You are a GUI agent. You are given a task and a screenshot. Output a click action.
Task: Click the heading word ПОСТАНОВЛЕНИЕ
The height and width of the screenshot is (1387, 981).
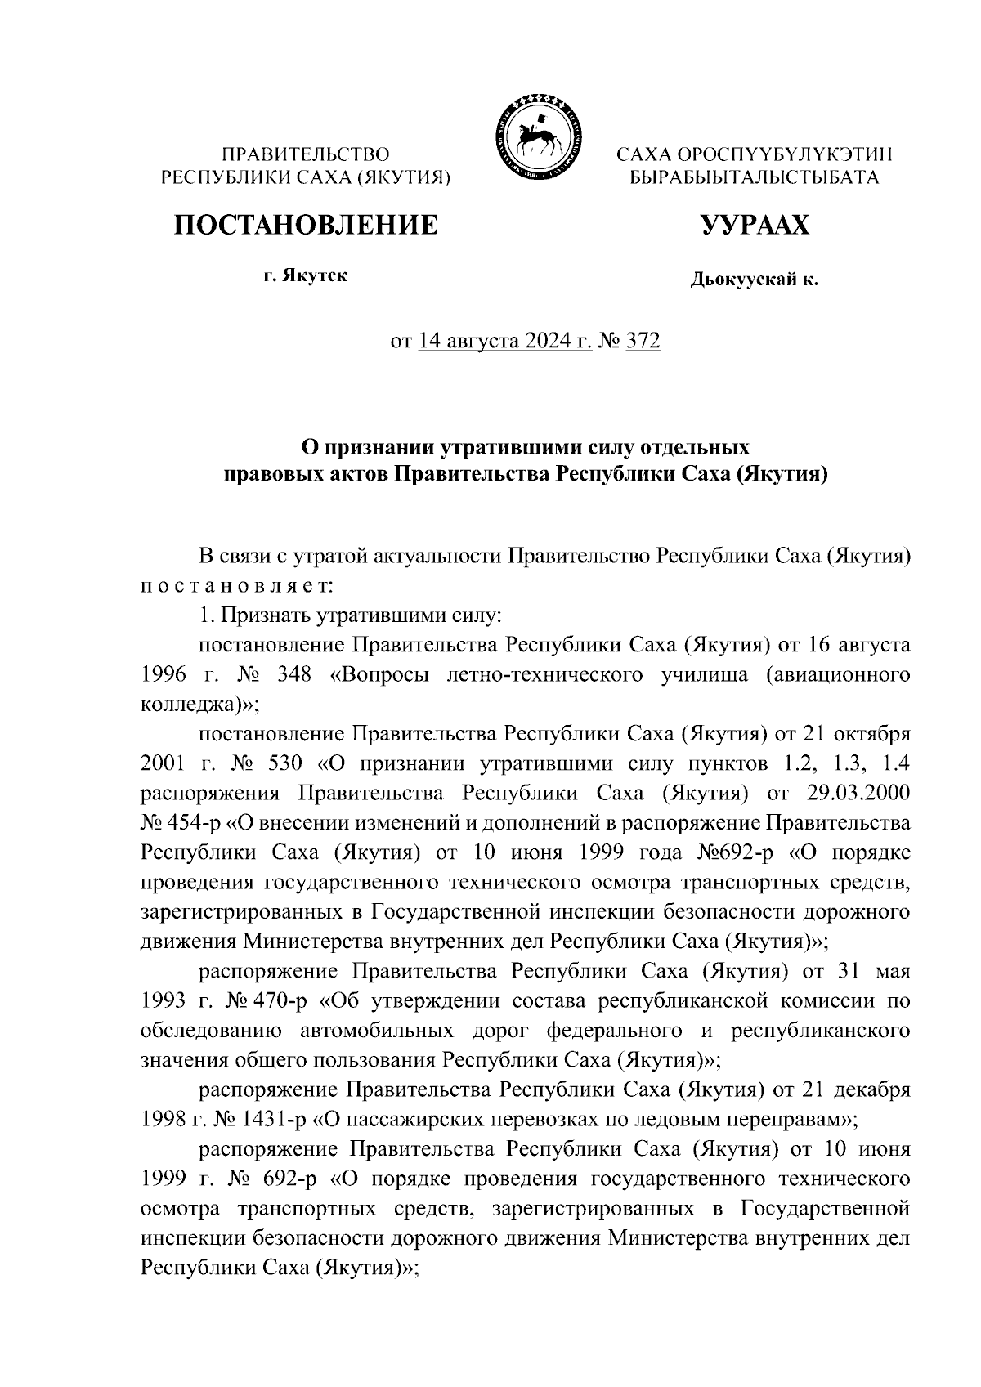pyautogui.click(x=305, y=224)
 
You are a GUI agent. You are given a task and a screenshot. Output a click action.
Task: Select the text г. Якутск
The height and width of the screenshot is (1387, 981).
pyautogui.click(x=305, y=275)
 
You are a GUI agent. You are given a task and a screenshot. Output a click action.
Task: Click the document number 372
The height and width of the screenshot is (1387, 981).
pyautogui.click(x=642, y=340)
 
